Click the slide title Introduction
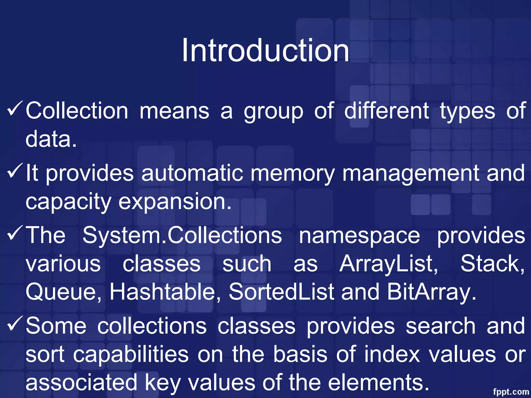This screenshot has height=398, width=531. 265,50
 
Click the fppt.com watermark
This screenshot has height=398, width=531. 511,391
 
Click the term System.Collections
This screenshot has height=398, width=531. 182,235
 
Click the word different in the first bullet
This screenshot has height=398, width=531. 386,111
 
